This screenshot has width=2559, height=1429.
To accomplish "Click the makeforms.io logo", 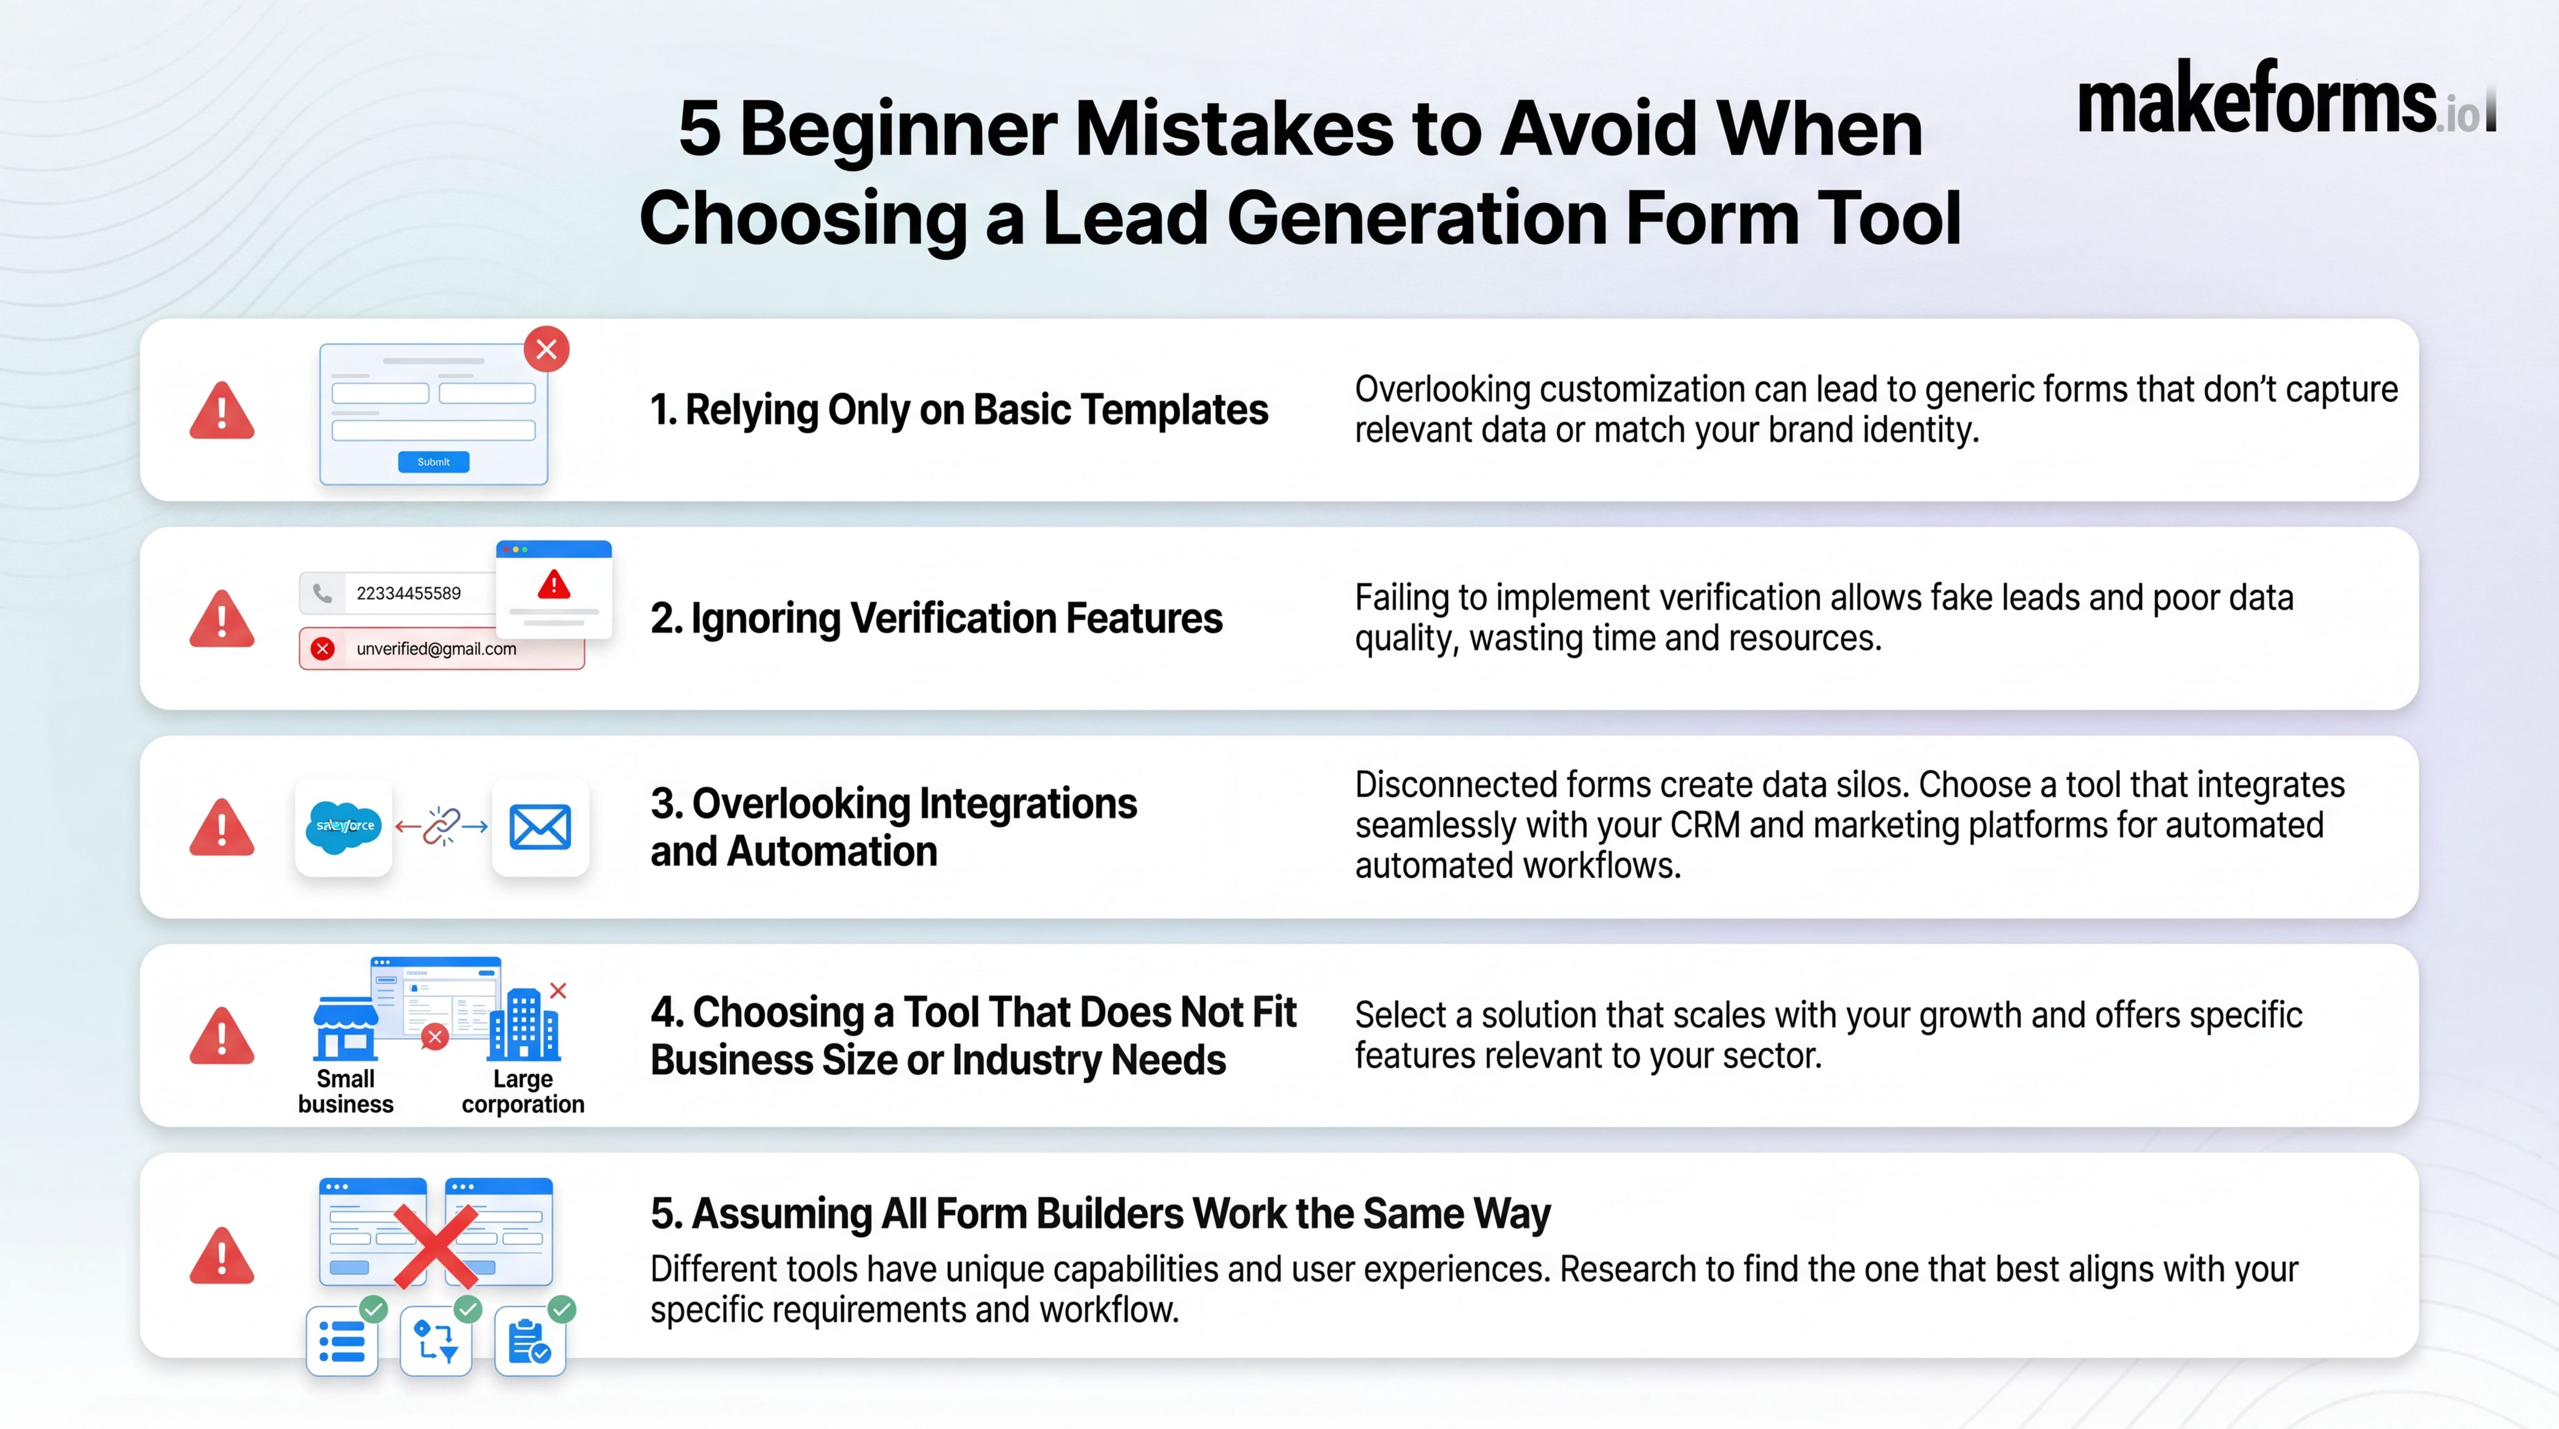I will click(x=2285, y=100).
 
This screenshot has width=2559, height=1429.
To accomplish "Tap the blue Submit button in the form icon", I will click(x=433, y=462).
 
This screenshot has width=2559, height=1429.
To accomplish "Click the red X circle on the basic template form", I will click(x=546, y=349).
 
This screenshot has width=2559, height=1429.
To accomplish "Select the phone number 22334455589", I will click(x=408, y=593).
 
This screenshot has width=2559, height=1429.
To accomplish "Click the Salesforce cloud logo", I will click(x=344, y=826).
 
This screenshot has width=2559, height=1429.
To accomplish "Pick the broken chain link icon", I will click(x=441, y=826).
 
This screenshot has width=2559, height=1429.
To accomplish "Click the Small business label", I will click(x=346, y=1091).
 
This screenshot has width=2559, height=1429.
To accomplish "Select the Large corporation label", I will click(x=523, y=1091).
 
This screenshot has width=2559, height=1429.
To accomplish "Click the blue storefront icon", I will click(x=345, y=1028).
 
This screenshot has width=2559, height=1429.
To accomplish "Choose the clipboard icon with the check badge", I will click(x=530, y=1342).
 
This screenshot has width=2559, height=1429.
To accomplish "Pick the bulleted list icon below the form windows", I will click(x=342, y=1342).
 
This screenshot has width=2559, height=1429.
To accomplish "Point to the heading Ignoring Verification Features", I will click(x=936, y=618).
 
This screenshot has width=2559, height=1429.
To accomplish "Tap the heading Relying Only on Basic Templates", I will click(x=959, y=409).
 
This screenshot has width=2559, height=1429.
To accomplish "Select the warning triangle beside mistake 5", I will click(x=221, y=1256).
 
